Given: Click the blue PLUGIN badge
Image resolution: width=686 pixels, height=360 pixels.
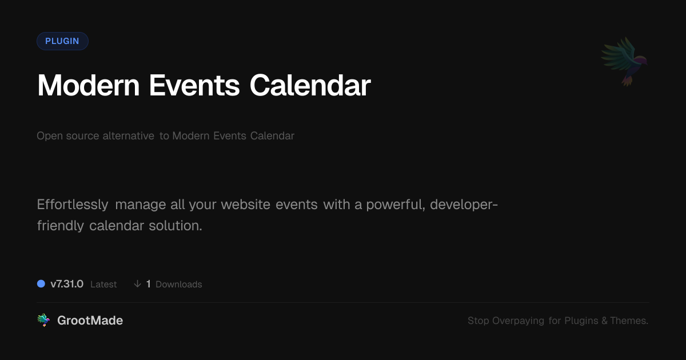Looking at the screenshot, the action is click(62, 41).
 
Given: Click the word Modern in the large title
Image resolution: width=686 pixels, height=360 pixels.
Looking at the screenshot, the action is click(88, 85).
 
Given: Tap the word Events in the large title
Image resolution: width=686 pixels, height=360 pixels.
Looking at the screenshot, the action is click(194, 85).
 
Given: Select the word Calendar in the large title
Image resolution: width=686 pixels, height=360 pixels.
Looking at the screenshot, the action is click(310, 85).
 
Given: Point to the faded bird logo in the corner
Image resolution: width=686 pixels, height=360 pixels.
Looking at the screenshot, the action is click(625, 62).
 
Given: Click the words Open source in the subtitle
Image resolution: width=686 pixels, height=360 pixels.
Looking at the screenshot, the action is click(67, 135).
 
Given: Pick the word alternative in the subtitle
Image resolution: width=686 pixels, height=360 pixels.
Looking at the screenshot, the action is click(128, 135).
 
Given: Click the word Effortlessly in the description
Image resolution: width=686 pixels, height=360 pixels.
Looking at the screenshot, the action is click(73, 205).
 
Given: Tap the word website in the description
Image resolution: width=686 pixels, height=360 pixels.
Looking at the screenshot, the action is click(246, 205).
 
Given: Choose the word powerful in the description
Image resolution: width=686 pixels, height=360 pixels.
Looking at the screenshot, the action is click(396, 205).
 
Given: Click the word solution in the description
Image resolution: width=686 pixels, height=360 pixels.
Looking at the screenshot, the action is click(175, 226).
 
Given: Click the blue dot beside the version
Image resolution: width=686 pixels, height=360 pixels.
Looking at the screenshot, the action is click(41, 284).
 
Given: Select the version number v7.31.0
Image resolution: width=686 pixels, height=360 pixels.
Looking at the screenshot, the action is click(67, 284).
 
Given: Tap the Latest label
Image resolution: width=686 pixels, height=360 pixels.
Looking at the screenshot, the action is click(103, 285).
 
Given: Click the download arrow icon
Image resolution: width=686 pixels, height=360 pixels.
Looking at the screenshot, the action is click(138, 284).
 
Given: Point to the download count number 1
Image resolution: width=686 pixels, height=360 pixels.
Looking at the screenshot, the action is click(149, 284).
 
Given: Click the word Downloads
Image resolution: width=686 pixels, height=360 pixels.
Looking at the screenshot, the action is click(179, 285).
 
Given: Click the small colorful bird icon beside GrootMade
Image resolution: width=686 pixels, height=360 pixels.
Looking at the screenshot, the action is click(43, 320).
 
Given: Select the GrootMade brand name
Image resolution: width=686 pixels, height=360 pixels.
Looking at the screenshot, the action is click(90, 321).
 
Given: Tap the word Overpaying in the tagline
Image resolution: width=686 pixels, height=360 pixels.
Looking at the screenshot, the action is click(518, 321).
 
